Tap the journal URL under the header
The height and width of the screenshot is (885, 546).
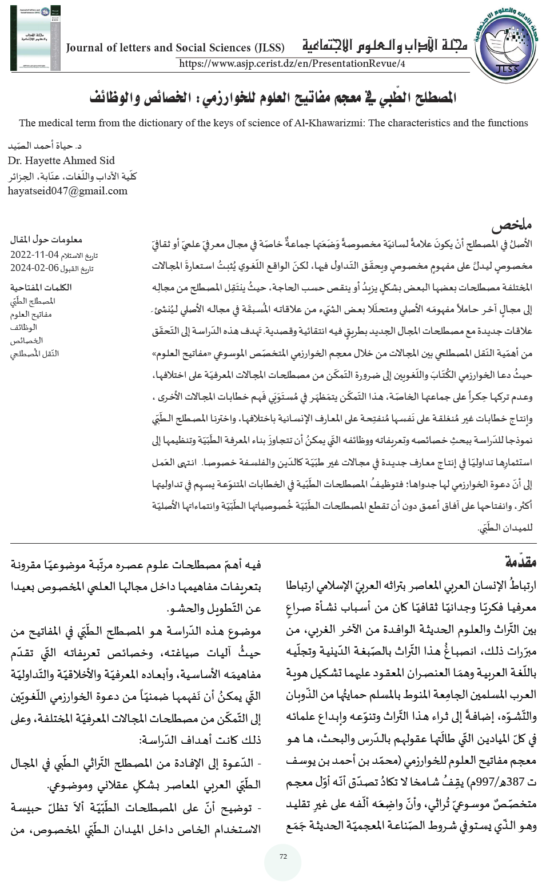point(292,63)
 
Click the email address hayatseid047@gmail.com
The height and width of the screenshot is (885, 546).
point(67,191)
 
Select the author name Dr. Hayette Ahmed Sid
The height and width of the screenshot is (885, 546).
point(61,160)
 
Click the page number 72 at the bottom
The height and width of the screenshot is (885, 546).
point(282,856)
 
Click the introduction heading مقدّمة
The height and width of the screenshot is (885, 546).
point(520,561)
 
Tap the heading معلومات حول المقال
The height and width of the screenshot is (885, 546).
point(47,240)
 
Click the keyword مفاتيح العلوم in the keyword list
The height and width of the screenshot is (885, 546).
point(32,314)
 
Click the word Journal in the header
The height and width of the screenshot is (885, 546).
point(85,47)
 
